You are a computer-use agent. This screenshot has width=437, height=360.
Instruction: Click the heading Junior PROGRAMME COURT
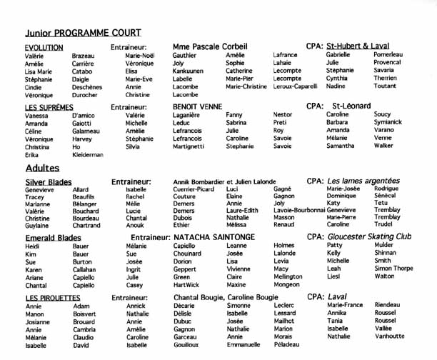[x=83, y=33]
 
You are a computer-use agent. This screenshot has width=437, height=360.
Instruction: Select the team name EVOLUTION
[x=44, y=47]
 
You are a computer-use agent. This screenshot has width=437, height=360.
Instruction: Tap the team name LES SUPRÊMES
[x=49, y=107]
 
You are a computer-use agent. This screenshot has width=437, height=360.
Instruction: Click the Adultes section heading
[x=42, y=169]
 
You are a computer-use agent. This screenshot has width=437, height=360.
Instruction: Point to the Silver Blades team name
[x=49, y=182]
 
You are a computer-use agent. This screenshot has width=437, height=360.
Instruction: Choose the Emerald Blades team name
[x=53, y=237]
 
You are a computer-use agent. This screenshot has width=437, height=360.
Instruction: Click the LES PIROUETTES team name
[x=52, y=297]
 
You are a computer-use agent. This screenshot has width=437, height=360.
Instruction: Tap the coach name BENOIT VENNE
[x=197, y=106]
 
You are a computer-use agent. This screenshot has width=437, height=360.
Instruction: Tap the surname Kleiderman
[x=88, y=154]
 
